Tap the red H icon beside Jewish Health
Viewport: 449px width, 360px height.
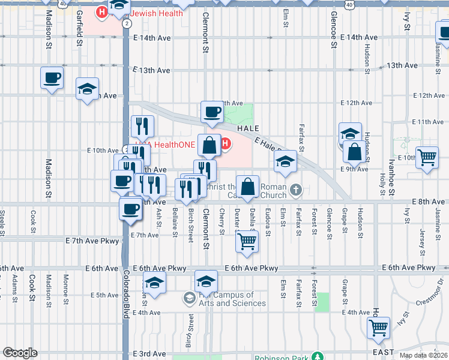click(102, 11)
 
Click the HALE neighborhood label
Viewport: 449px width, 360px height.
click(248, 129)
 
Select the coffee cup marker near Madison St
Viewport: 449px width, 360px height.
click(52, 77)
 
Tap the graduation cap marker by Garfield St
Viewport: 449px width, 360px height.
click(88, 89)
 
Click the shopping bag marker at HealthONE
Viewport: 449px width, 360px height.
click(209, 145)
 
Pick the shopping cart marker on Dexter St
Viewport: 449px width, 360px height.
click(247, 242)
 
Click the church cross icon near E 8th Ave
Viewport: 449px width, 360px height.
click(295, 190)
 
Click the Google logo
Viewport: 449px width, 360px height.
click(19, 353)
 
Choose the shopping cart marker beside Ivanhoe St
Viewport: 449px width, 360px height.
click(427, 158)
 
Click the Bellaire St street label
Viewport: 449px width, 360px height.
click(175, 219)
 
